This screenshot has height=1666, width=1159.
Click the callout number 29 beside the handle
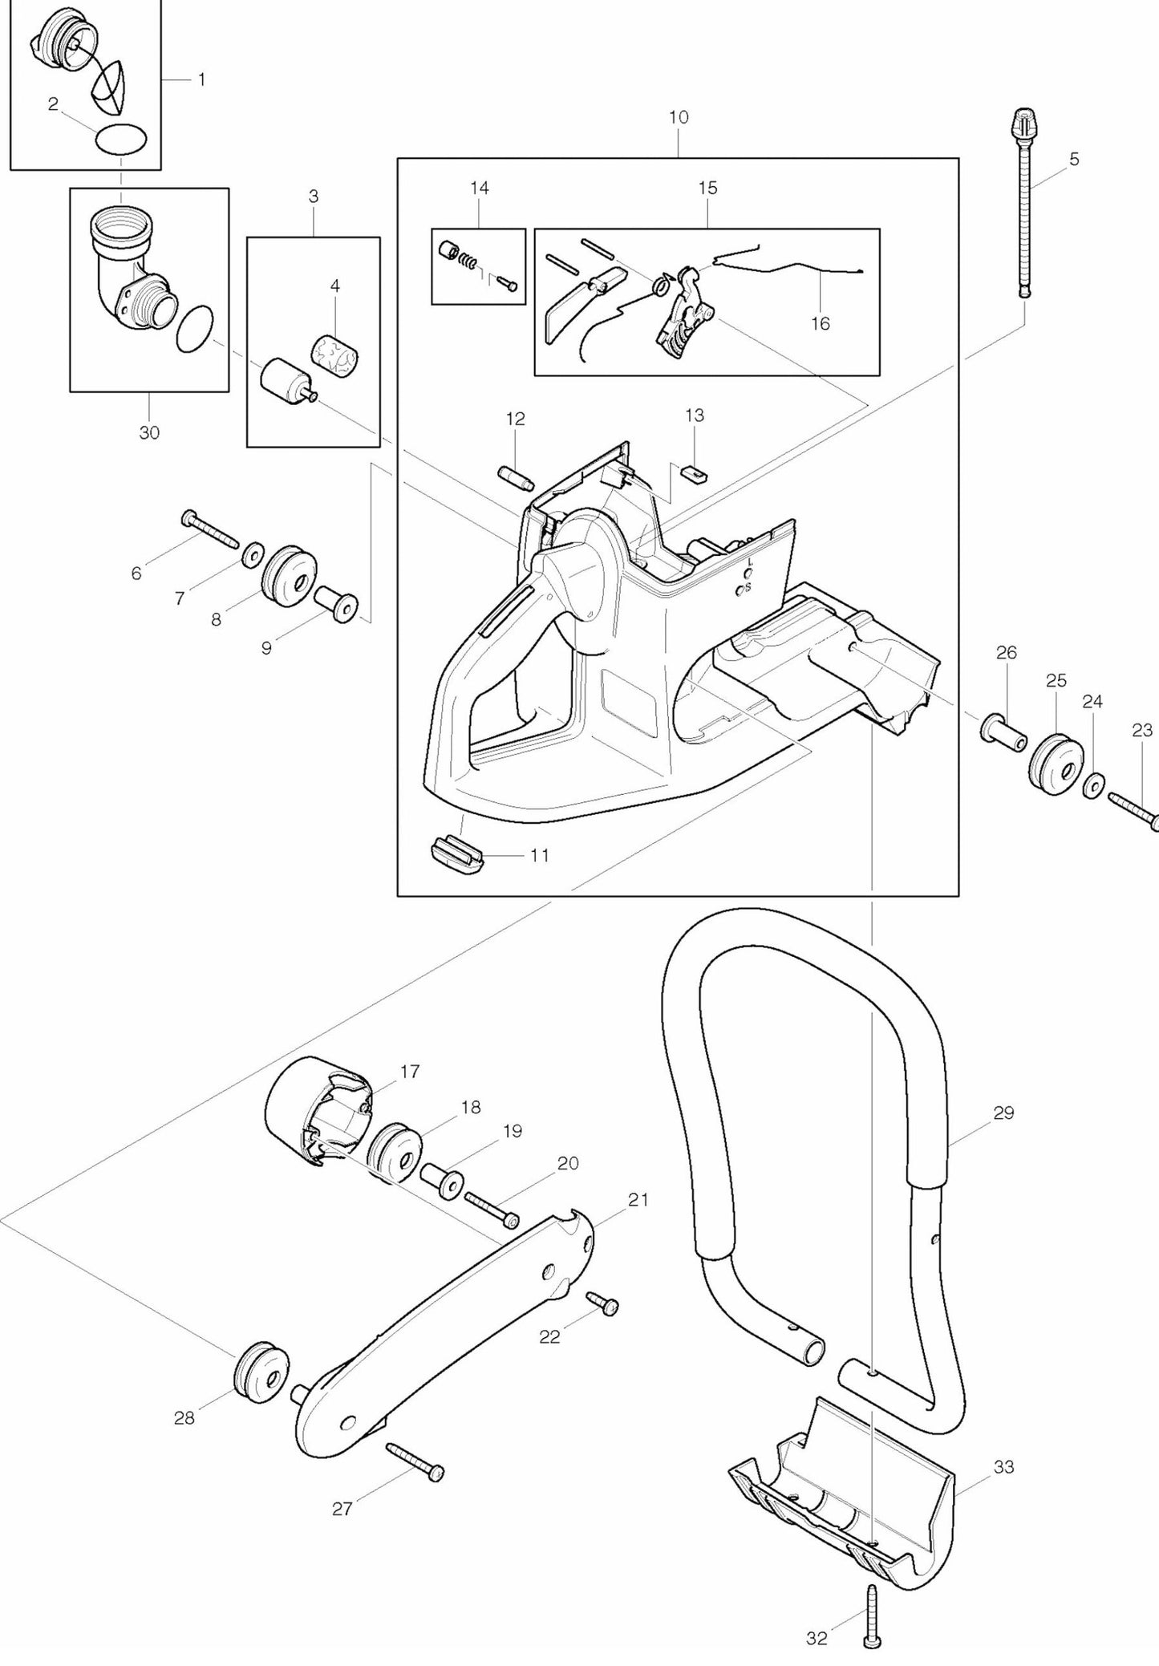(1003, 1113)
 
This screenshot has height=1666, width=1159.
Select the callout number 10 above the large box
(678, 117)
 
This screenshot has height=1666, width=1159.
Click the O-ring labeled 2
(121, 139)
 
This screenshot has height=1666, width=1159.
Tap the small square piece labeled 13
(693, 472)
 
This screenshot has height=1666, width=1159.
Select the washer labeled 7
(253, 553)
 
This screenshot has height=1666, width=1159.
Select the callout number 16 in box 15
(820, 323)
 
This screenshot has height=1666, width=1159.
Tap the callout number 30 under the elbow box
(149, 433)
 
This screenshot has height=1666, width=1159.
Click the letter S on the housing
(748, 588)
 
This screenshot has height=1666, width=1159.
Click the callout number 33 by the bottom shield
(1003, 1467)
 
